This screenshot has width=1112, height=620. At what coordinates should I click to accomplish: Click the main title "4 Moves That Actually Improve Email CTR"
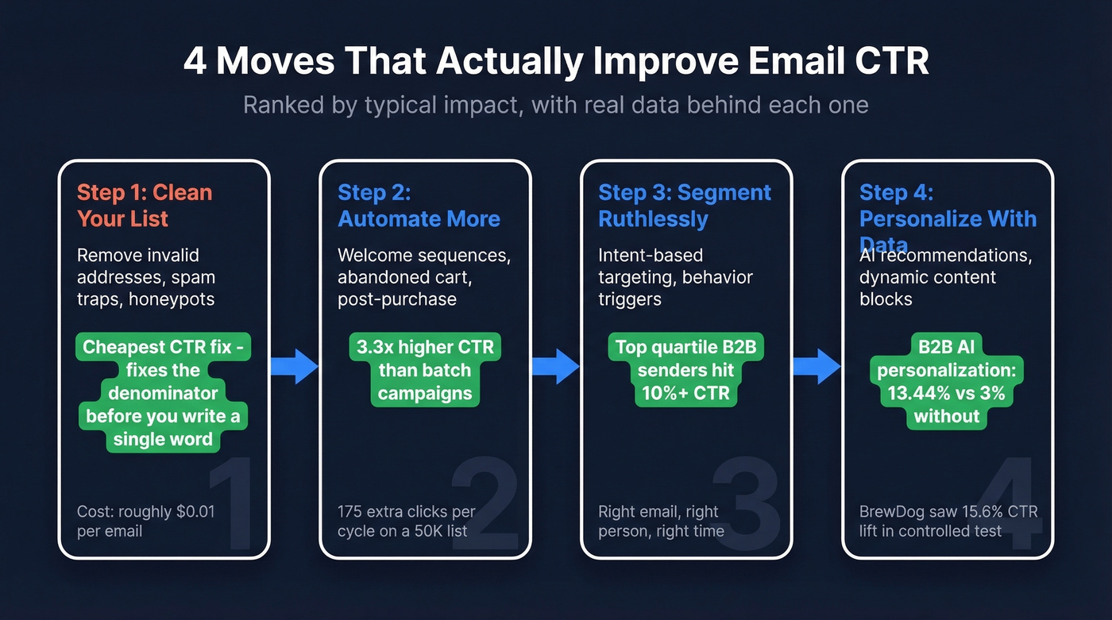pyautogui.click(x=556, y=62)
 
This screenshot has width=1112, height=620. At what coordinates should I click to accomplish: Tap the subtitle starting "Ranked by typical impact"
pyautogui.click(x=556, y=105)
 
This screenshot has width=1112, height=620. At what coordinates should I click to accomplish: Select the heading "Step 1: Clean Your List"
pyautogui.click(x=145, y=206)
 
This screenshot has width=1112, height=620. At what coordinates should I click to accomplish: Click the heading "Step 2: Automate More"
pyautogui.click(x=419, y=206)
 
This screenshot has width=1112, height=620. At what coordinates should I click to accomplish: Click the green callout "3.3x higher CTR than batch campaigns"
pyautogui.click(x=424, y=370)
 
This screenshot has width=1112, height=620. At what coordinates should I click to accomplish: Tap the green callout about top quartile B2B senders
pyautogui.click(x=685, y=370)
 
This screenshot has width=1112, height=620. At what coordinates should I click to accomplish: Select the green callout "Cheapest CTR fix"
pyautogui.click(x=163, y=393)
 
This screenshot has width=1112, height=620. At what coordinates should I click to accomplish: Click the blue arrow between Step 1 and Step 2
pyautogui.click(x=294, y=366)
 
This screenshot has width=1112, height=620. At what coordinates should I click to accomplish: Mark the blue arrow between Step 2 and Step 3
pyautogui.click(x=554, y=366)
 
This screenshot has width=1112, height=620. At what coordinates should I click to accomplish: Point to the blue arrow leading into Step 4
pyautogui.click(x=816, y=366)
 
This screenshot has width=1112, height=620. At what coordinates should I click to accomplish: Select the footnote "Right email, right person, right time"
pyautogui.click(x=661, y=521)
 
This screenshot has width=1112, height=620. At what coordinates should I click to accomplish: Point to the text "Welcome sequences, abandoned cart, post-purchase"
pyautogui.click(x=423, y=277)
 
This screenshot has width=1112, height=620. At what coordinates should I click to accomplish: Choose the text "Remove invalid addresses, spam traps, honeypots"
pyautogui.click(x=146, y=277)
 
